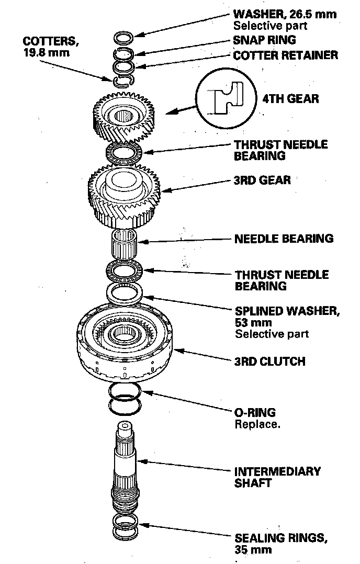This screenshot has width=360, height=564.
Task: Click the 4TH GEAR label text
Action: (x=290, y=98)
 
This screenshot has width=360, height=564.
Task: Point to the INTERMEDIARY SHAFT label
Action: (x=277, y=477)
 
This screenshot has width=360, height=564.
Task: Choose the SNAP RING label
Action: (x=265, y=40)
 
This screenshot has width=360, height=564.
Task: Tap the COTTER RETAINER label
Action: (x=286, y=55)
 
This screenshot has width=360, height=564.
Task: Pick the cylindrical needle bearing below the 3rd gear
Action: (x=125, y=243)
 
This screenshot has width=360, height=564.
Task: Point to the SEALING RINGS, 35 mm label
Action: (x=281, y=544)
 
